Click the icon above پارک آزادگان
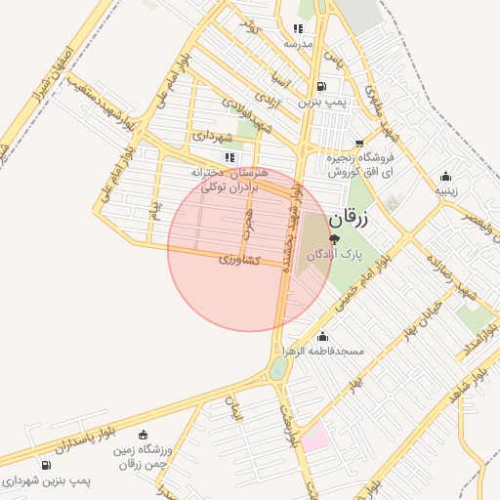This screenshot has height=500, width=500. click(334, 238)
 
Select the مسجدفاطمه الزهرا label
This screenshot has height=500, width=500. click(322, 350)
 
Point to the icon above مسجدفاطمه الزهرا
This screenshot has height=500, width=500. click(322, 337)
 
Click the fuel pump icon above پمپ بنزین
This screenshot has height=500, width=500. click(322, 87)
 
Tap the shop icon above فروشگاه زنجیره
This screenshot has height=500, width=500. click(359, 143)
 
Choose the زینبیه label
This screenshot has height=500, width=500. click(445, 190)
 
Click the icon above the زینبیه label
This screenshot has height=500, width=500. click(445, 177)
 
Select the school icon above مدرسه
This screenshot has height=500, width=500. click(298, 29)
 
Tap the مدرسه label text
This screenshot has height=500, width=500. click(298, 44)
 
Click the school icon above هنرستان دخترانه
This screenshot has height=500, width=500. click(229, 156)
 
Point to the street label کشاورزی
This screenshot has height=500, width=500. click(239, 261)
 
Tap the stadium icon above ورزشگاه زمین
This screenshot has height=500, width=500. click(145, 435)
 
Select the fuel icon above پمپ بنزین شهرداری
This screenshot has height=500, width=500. click(47, 465)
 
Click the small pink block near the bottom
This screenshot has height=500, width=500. click(314, 436)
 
